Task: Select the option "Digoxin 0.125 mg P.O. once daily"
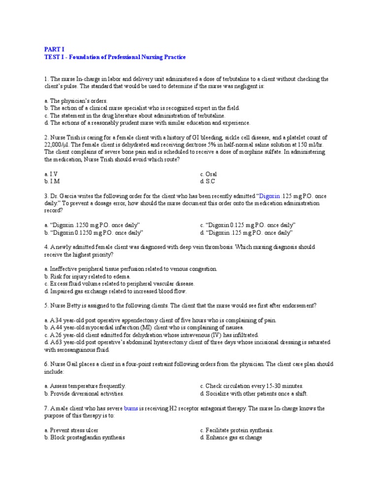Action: coord(247,225)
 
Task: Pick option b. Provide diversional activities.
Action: coord(84,393)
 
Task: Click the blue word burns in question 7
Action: coord(131,408)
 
